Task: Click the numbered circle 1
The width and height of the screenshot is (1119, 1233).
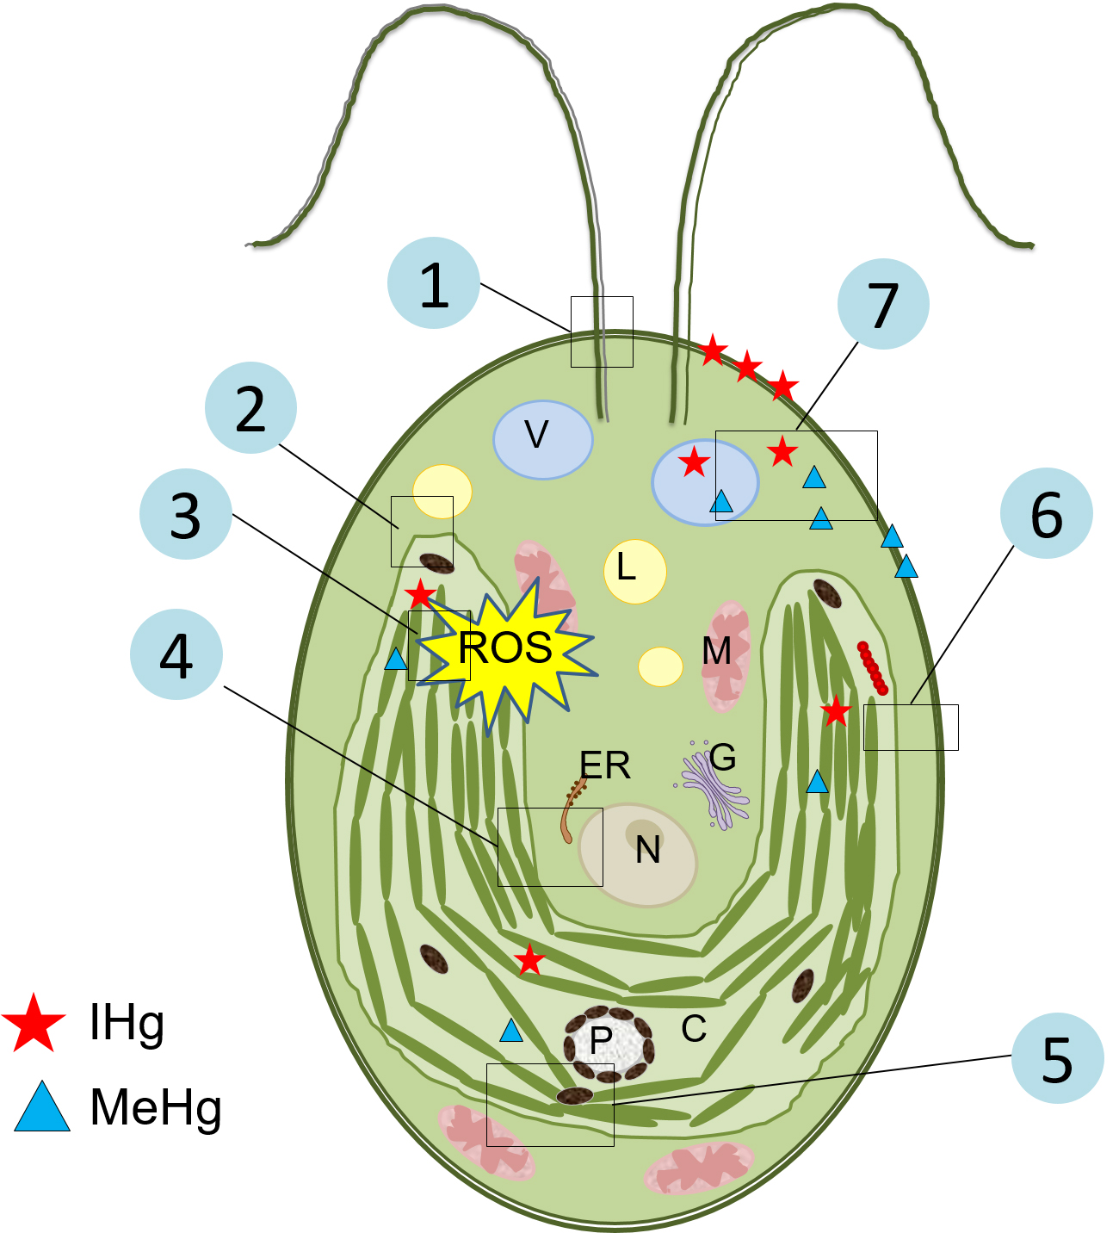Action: [434, 283]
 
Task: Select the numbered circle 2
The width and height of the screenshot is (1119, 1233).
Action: [250, 408]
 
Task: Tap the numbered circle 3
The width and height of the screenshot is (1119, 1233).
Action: [186, 515]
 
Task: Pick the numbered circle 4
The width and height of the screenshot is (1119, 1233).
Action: [176, 654]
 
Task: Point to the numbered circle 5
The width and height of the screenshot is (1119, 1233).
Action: [1057, 1058]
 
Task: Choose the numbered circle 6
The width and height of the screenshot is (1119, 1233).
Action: [1046, 514]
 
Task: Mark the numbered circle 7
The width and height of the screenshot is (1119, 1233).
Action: [883, 304]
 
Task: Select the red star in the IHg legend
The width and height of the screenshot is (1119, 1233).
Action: [34, 1023]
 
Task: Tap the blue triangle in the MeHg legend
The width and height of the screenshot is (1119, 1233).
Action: [42, 1108]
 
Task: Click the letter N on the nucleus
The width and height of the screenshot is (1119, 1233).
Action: [648, 851]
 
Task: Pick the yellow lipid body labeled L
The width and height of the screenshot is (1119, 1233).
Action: [635, 571]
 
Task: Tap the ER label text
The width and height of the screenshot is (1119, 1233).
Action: [605, 765]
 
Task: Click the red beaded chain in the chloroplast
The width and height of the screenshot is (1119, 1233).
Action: [872, 668]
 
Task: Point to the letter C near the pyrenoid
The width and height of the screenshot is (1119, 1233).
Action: [694, 1028]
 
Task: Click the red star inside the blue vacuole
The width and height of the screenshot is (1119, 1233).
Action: [694, 463]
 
